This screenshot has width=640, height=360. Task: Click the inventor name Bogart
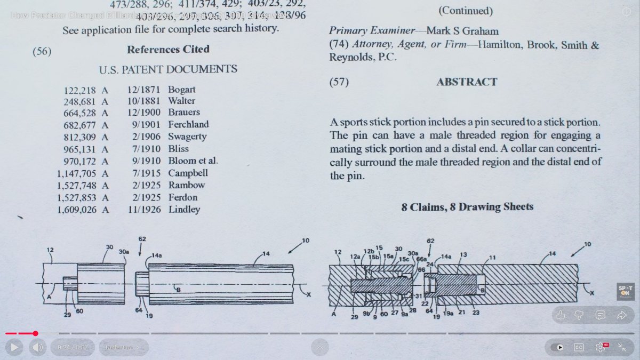181,90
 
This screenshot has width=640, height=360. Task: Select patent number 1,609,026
77,210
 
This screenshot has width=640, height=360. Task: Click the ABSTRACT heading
467,82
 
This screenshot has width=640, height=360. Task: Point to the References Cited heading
168,50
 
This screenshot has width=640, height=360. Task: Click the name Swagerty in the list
187,137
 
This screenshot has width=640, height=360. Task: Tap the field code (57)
339,83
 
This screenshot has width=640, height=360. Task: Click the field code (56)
42,52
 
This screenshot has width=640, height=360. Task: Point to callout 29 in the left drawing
67,315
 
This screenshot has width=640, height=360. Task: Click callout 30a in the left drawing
124,252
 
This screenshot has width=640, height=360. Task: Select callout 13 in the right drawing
463,255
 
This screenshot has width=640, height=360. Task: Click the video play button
14,347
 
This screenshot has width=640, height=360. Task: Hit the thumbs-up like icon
560,315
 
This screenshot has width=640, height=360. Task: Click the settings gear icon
600,347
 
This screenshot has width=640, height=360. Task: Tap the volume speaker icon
37,347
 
